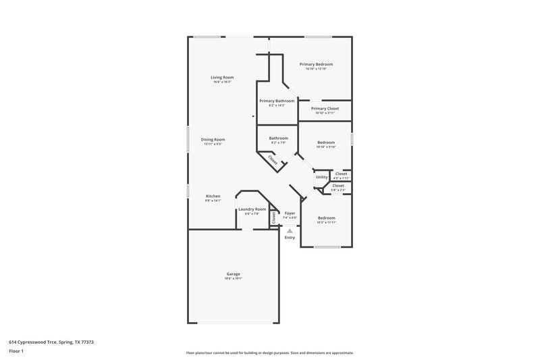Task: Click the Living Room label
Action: click(222, 78)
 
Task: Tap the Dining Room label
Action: click(212, 139)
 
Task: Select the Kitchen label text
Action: click(213, 196)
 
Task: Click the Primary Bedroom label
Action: click(316, 64)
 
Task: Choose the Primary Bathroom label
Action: click(277, 101)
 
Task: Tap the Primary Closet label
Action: click(325, 108)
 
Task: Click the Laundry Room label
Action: click(252, 209)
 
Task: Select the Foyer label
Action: click(290, 213)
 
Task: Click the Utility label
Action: click(322, 177)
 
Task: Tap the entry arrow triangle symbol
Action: click(290, 230)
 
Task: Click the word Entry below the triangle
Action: click(290, 238)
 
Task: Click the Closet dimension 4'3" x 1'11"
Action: click(342, 178)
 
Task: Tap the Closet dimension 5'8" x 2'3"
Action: click(338, 190)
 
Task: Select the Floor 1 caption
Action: click(17, 352)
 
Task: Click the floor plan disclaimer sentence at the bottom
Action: click(269, 353)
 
